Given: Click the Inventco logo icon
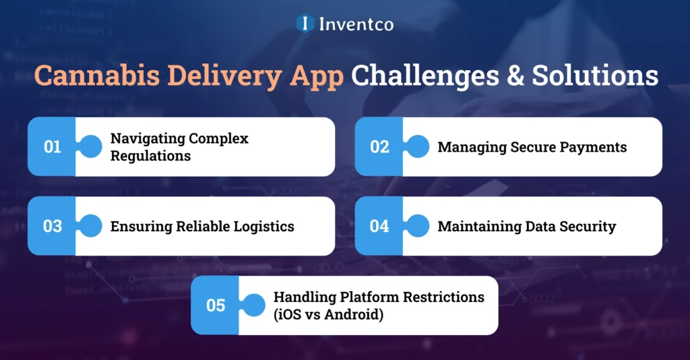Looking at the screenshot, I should coord(305,24).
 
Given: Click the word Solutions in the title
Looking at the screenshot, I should coord(594,76).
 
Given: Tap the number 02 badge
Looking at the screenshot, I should coord(380,147).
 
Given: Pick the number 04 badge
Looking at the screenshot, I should coord(380,226).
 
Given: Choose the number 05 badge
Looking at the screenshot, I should coord(216,305).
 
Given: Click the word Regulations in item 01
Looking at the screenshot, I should coord(150,156).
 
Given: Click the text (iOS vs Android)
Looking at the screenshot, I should coord(328,314).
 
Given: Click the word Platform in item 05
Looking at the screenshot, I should coord(362,297).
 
